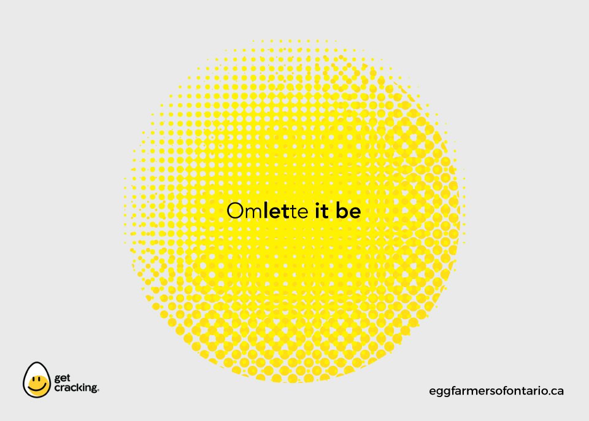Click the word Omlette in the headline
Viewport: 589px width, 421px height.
point(268,210)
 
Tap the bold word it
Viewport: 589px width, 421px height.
point(322,210)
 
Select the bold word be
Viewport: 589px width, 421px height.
point(348,210)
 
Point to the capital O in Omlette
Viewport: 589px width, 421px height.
point(236,211)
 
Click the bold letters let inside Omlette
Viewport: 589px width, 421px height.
point(277,210)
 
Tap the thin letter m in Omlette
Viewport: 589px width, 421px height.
point(255,213)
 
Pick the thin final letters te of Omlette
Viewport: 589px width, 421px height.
point(299,212)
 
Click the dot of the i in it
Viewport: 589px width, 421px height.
point(317,204)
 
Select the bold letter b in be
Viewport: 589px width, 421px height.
point(341,210)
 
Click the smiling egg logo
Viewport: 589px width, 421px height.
point(36,380)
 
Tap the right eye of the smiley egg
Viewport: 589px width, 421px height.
point(40,379)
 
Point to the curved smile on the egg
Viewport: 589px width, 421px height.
point(37,386)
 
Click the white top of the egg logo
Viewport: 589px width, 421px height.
point(36,369)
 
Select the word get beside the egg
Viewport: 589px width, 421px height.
point(63,378)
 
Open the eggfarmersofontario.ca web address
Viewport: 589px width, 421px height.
point(496,392)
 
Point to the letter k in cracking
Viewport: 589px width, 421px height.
point(80,387)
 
